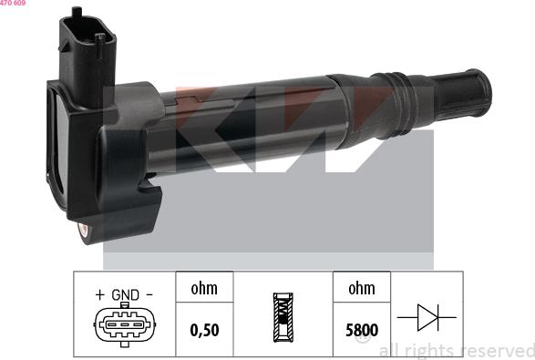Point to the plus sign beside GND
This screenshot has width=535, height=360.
coord(98,295)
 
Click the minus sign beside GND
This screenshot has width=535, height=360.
coord(149,295)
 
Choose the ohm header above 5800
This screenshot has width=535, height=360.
coord(361,288)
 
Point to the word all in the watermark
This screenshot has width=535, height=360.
coord(388,351)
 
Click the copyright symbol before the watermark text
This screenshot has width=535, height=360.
coord(362,337)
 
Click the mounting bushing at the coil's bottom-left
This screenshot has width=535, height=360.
coord(84,230)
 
